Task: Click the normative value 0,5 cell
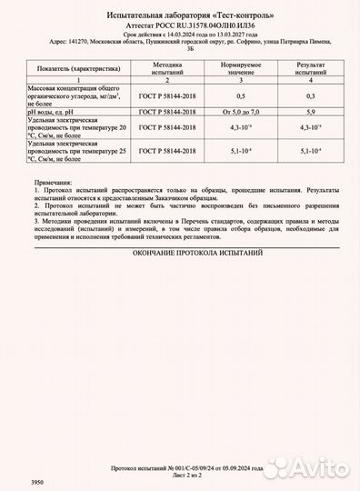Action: (x=241, y=95)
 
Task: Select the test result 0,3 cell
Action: (x=310, y=95)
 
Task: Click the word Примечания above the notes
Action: (x=52, y=183)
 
